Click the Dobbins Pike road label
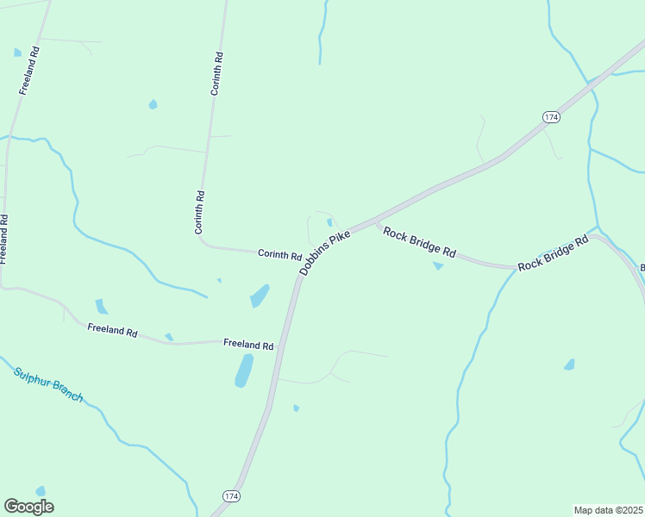(325, 252)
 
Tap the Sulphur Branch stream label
(48, 384)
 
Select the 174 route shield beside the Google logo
(231, 496)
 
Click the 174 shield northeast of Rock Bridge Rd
(552, 116)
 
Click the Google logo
(28, 507)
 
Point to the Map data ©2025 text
(608, 510)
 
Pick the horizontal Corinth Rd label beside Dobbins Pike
(279, 255)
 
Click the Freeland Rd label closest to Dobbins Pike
(248, 344)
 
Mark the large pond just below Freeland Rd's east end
(244, 370)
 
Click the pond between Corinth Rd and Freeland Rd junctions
(260, 296)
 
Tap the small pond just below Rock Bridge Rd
(438, 265)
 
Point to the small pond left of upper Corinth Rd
(153, 104)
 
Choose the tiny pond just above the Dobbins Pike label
(329, 222)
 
